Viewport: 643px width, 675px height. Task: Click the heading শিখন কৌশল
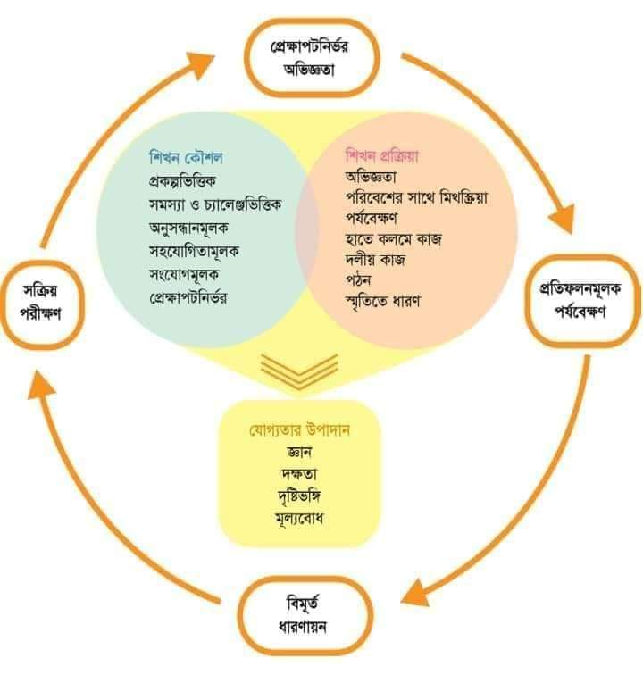[x=186, y=157]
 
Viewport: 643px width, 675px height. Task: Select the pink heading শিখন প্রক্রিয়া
[x=382, y=156]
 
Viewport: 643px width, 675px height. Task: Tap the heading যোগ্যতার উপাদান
[x=300, y=429]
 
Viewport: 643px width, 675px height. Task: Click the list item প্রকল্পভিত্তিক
[x=182, y=181]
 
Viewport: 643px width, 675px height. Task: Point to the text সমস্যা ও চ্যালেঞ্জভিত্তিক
[x=215, y=204]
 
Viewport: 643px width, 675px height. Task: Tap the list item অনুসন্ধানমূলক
[x=188, y=228]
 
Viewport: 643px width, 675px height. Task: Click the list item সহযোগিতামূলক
[x=194, y=251]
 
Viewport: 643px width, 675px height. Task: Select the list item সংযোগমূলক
[x=184, y=274]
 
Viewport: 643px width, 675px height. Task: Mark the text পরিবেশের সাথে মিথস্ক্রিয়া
[x=416, y=197]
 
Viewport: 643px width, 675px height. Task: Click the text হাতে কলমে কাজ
[x=394, y=239]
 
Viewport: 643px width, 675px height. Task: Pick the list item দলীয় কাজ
[x=375, y=260]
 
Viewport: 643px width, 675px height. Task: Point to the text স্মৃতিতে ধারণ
[x=383, y=301]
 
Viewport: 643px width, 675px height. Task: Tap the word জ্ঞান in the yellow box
[x=299, y=452]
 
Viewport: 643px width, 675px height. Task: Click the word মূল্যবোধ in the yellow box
[x=300, y=518]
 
